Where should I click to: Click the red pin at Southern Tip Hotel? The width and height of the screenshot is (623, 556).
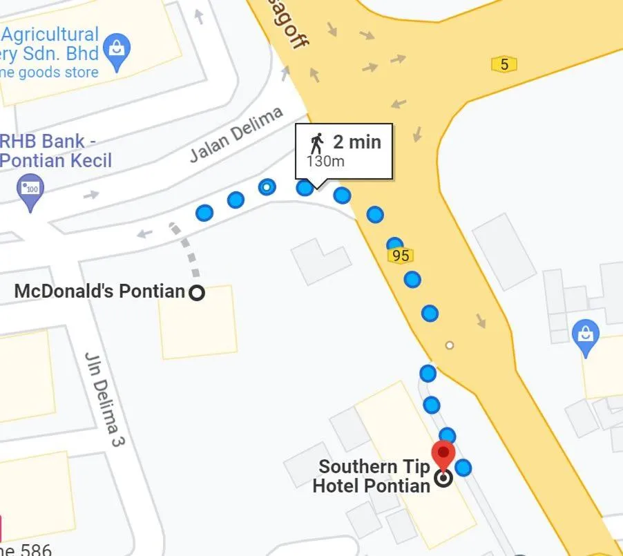443,454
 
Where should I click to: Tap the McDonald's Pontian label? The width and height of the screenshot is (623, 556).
99,291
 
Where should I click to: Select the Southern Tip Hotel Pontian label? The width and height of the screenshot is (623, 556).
372,477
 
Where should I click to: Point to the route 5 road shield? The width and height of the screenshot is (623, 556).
504,64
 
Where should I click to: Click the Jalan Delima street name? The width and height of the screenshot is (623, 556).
237,134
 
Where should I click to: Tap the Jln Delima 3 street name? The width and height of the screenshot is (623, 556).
103,399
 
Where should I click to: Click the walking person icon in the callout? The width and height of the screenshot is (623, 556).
317,144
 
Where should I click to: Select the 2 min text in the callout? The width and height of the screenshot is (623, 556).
357,142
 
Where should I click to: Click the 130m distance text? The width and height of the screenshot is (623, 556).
325,162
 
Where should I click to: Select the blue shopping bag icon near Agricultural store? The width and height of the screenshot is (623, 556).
116,50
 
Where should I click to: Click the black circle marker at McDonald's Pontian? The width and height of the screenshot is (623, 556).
197,293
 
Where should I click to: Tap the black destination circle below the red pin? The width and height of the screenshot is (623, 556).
443,478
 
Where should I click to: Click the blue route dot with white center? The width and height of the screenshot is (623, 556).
267,187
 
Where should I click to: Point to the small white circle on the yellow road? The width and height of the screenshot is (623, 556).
450,345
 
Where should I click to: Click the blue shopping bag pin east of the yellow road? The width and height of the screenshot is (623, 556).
586,336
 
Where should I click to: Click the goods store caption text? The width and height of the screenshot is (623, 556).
50,73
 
